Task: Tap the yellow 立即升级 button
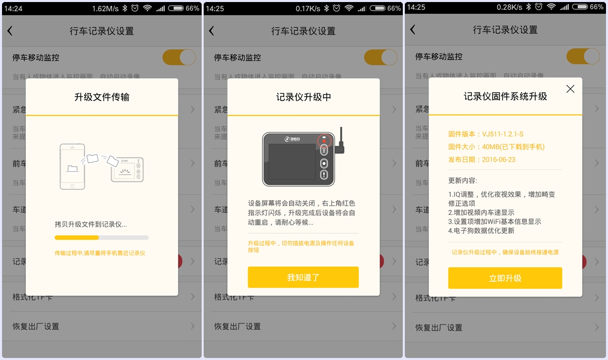coord(505,278)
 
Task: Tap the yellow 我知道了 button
coord(303,277)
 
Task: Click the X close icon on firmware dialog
coord(570,89)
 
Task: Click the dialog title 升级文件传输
coord(102,96)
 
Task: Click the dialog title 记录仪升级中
coord(303,96)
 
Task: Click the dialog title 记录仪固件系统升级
coord(505,96)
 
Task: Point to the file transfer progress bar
coord(101,237)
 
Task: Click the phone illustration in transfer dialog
coord(72,166)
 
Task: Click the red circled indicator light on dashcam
coord(324,139)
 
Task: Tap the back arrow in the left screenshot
coord(10,31)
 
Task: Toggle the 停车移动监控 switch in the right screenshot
coord(583,57)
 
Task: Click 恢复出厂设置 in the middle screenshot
coord(237,327)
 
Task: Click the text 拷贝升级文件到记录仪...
coord(91,224)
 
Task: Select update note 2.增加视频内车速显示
coord(481,212)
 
